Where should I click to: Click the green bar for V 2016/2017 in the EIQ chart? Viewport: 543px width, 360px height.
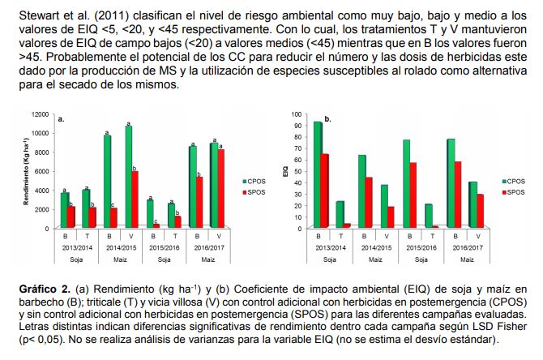point(472,204)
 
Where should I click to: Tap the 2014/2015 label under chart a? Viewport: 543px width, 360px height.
point(121,246)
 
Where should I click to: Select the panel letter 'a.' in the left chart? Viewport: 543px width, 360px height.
point(62,119)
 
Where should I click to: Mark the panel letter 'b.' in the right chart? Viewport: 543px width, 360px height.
point(327,119)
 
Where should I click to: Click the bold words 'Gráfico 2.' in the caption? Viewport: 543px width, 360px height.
point(43,289)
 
